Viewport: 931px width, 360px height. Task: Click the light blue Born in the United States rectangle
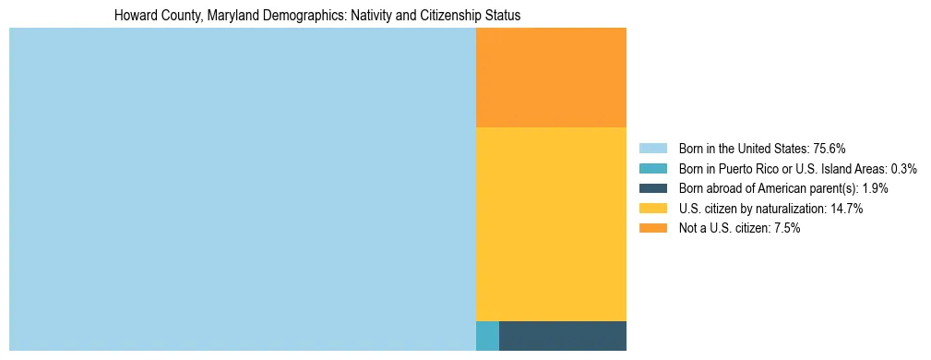point(242,189)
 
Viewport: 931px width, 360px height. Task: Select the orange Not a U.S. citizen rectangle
point(551,78)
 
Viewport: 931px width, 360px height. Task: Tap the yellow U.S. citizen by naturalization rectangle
point(551,223)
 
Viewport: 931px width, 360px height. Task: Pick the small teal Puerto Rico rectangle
point(487,336)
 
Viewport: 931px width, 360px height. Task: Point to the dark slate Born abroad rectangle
point(563,336)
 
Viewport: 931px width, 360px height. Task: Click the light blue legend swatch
point(652,148)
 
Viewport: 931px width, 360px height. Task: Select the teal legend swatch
point(652,168)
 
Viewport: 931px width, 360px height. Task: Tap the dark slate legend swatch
point(652,188)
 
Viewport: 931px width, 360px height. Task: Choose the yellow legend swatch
point(652,209)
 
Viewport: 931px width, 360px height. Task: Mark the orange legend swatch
point(652,229)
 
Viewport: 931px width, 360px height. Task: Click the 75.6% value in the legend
point(830,148)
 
